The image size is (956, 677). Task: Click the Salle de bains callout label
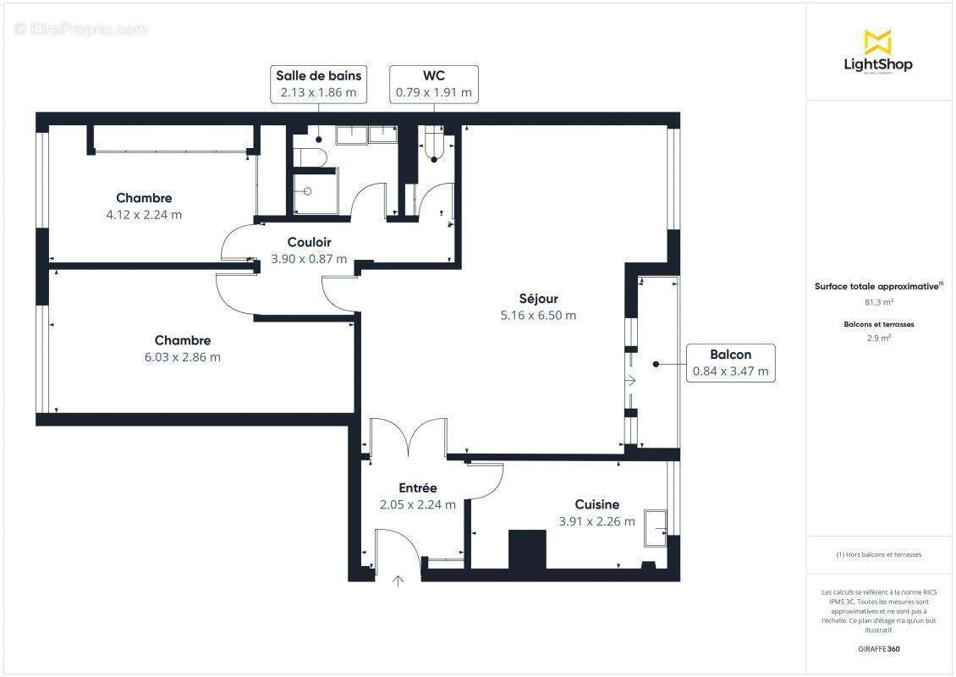[x=318, y=85]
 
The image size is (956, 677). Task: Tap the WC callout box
[x=434, y=85]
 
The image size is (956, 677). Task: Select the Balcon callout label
[x=730, y=363]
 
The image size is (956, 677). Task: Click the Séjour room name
[x=538, y=298]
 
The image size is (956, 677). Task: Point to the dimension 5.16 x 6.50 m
[x=538, y=316]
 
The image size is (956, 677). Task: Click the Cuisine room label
[x=596, y=504]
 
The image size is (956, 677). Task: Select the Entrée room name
[x=418, y=487]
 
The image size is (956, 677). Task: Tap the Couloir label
[x=309, y=242]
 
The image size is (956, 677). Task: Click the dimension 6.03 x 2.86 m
[x=182, y=357]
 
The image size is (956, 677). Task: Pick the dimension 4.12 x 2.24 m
[x=144, y=215]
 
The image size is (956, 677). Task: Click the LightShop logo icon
[x=877, y=41]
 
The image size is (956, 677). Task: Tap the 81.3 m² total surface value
[x=878, y=301]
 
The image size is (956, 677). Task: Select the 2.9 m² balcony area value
[x=878, y=338]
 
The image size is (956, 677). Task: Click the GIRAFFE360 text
[x=878, y=649]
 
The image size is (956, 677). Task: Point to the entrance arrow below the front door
[x=398, y=580]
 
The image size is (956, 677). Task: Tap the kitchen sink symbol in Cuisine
[x=656, y=526]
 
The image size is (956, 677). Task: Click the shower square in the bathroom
[x=315, y=191]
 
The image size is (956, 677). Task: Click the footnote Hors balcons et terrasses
[x=878, y=554]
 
